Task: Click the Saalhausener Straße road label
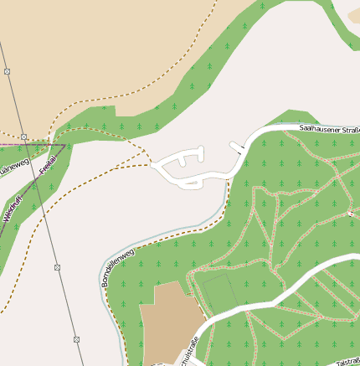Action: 330,129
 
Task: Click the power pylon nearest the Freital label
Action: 24,136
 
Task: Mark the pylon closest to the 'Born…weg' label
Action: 58,267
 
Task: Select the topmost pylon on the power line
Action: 8,72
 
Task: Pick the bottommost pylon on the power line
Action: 76,339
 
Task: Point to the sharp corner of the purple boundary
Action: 64,144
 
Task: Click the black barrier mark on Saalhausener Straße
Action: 237,147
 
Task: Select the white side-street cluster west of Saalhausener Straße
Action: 184,166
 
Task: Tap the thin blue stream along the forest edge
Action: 224,201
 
